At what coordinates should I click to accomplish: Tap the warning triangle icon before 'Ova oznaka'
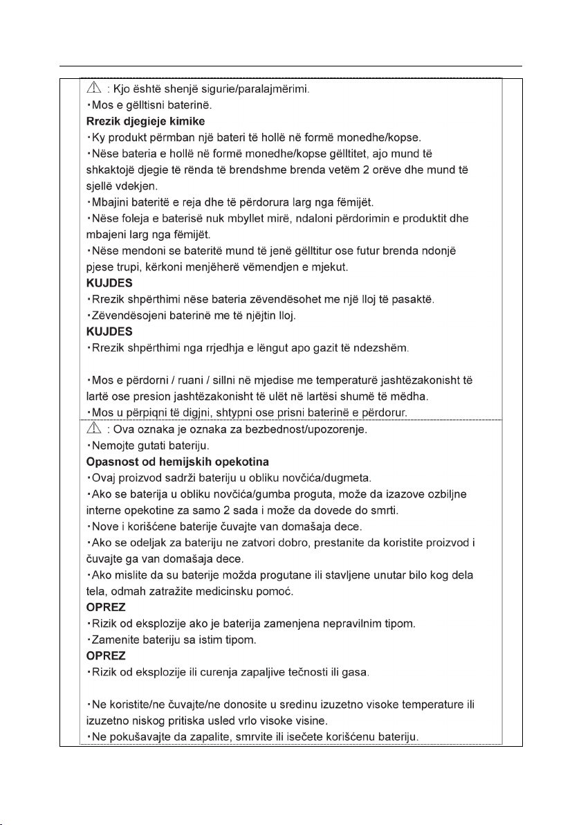click(95, 429)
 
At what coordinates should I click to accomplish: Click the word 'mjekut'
click(315, 266)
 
